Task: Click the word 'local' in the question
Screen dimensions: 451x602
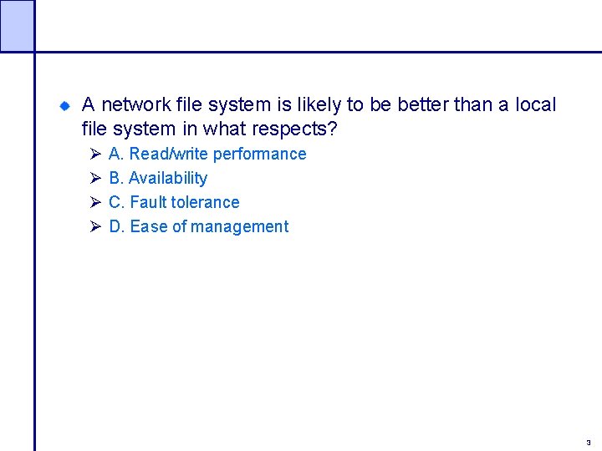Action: pyautogui.click(x=536, y=105)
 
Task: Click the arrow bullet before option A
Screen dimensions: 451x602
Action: pyautogui.click(x=94, y=155)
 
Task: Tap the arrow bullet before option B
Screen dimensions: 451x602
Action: pyautogui.click(x=94, y=179)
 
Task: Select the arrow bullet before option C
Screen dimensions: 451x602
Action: pyautogui.click(x=94, y=203)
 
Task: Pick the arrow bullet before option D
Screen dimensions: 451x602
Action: pyautogui.click(x=94, y=227)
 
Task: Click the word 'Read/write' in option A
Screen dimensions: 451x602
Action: pyautogui.click(x=169, y=155)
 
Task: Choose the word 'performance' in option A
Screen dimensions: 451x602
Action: pyautogui.click(x=260, y=155)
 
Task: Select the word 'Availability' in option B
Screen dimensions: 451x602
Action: pyautogui.click(x=168, y=179)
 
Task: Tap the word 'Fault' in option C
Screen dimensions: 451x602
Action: pyautogui.click(x=148, y=203)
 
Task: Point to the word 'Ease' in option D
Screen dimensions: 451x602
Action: pyautogui.click(x=149, y=227)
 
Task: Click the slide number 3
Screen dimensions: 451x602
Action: pyautogui.click(x=588, y=443)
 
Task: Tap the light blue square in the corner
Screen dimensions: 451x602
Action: pyautogui.click(x=17, y=25)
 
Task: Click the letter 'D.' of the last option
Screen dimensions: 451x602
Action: pyautogui.click(x=117, y=227)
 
